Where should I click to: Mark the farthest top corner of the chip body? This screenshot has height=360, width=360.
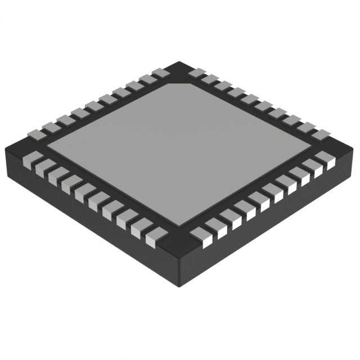click(179, 62)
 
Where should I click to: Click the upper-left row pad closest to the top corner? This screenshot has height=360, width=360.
click(161, 73)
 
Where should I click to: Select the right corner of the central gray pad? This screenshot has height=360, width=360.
click(311, 147)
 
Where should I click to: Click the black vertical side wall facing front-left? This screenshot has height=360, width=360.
click(84, 225)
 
